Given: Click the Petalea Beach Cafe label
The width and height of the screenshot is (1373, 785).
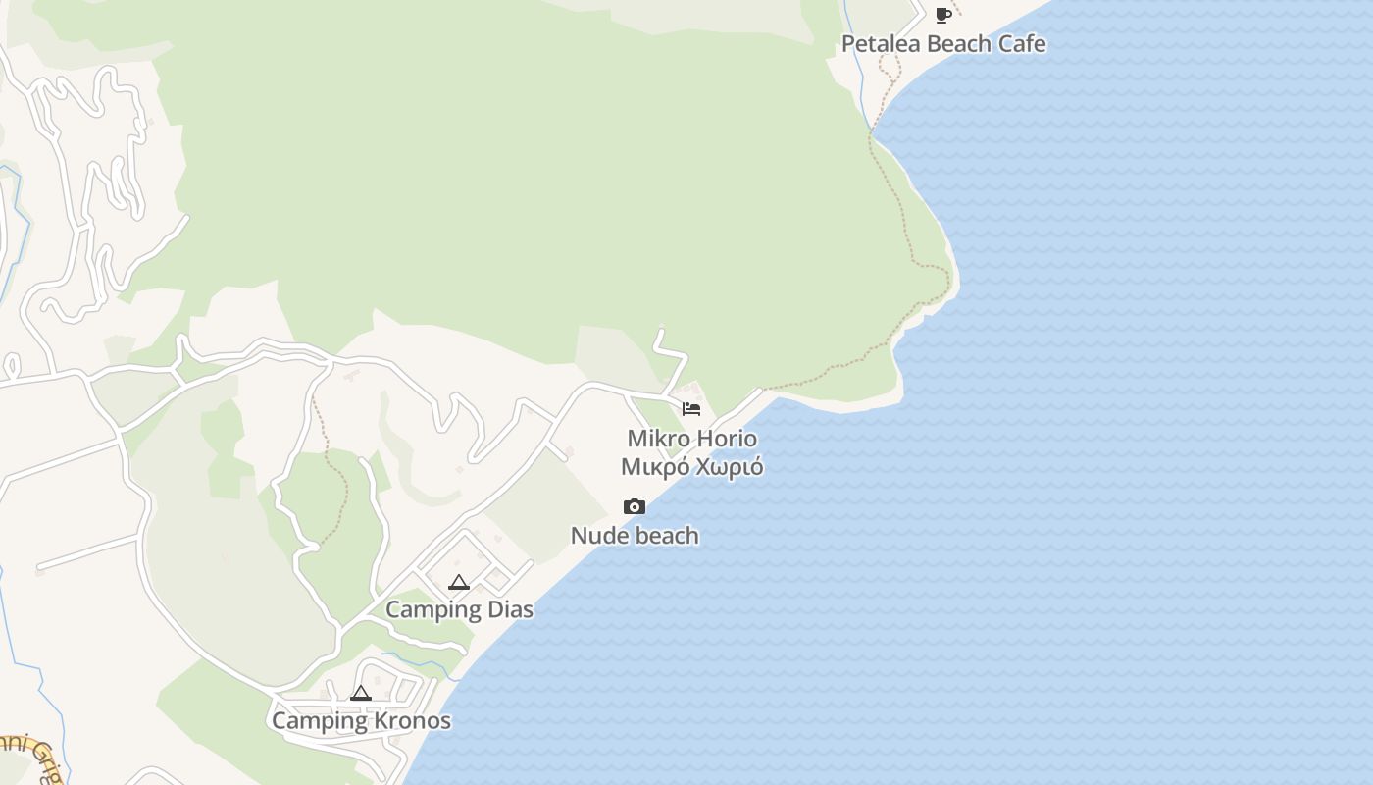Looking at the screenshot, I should coord(943,44).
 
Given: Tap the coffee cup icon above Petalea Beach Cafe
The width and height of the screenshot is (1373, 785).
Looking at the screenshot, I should coord(943,15).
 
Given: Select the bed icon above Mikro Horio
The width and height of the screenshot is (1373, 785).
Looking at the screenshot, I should coord(691,409).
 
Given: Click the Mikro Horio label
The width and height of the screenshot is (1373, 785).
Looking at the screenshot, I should coord(692,438).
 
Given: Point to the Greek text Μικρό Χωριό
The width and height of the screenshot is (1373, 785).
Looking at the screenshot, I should coord(692,467).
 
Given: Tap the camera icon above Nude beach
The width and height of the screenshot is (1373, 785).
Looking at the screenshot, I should coord(635,507).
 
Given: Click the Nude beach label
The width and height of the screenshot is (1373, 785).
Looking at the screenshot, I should coord(635,536).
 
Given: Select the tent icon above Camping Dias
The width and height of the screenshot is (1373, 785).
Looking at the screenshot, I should coord(459,582).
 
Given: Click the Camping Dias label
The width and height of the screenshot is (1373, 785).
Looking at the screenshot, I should coord(459,609).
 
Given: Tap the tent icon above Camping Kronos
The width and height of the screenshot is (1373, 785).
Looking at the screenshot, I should coord(361,693).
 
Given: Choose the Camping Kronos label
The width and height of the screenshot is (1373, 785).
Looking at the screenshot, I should coord(361,721).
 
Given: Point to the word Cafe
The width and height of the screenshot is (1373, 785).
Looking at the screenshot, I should coord(1022,44).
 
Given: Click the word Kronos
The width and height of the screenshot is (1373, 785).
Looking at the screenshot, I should coord(412,721).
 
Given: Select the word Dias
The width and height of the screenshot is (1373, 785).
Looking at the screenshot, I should coord(510,609).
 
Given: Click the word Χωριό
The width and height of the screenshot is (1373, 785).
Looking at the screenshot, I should coord(729,467).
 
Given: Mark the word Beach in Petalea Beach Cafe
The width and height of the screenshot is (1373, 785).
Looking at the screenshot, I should coord(958,44).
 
